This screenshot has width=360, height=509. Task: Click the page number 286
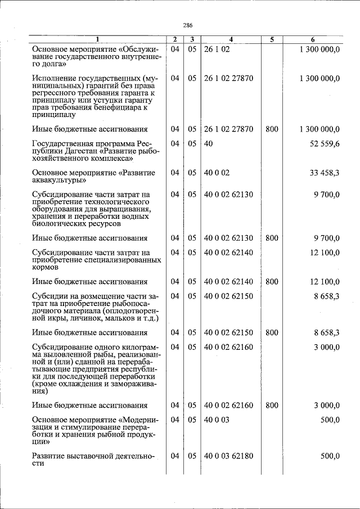[188, 25]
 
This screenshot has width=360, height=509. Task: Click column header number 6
[313, 39]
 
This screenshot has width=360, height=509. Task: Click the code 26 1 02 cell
[217, 49]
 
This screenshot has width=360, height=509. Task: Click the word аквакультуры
[58, 181]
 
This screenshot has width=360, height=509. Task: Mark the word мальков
[115, 318]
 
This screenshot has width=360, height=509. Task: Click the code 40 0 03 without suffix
[217, 420]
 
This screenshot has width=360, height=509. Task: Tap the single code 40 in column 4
[208, 144]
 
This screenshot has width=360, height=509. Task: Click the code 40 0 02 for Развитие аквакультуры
[217, 173]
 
